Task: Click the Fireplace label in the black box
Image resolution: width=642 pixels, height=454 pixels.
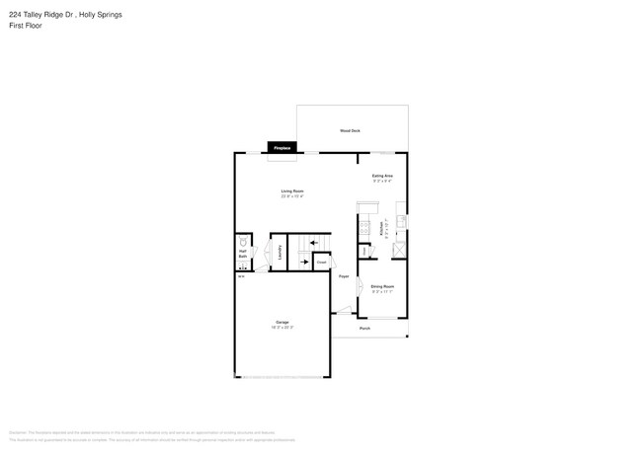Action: pyautogui.click(x=282, y=148)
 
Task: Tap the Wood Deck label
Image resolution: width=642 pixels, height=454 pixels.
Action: pyautogui.click(x=350, y=130)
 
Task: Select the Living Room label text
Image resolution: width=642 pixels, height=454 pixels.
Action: pyautogui.click(x=291, y=190)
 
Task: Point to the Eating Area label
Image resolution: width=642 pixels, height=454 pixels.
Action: pyautogui.click(x=383, y=176)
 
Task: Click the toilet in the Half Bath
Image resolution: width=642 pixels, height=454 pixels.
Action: pyautogui.click(x=242, y=241)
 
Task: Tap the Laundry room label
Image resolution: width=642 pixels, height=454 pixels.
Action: pyautogui.click(x=281, y=253)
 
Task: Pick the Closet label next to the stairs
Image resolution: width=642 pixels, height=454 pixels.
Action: pyautogui.click(x=321, y=263)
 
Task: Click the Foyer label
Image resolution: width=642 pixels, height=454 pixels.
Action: pyautogui.click(x=344, y=276)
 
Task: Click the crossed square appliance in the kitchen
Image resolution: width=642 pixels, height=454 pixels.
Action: pyautogui.click(x=399, y=247)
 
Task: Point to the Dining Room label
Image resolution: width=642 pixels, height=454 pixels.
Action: pyautogui.click(x=382, y=286)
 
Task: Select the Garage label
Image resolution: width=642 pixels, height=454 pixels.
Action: pyautogui.click(x=281, y=323)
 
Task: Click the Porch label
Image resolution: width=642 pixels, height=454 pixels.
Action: pyautogui.click(x=364, y=328)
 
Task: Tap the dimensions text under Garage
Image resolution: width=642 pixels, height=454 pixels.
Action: pyautogui.click(x=281, y=328)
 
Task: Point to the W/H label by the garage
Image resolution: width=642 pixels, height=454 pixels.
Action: pyautogui.click(x=241, y=276)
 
